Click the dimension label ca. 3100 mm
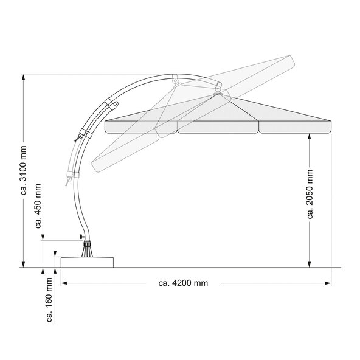24,170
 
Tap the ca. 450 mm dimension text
38,206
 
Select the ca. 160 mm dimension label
49,300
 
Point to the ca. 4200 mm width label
183,283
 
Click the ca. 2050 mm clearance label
310,194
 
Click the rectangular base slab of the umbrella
87,263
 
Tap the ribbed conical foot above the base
87,249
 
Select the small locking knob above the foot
81,236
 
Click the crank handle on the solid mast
78,138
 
